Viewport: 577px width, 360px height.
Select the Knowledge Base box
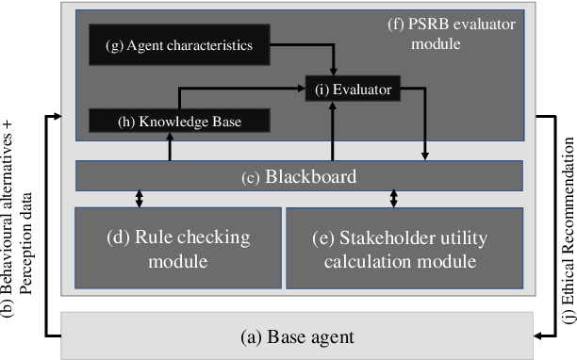click(179, 121)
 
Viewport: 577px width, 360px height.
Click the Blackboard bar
click(299, 175)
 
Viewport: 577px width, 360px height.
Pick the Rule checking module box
click(178, 248)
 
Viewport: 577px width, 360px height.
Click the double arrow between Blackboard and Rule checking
click(140, 199)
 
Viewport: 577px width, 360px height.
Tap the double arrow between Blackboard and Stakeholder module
click(394, 199)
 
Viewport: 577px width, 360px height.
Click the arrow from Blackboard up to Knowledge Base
click(170, 146)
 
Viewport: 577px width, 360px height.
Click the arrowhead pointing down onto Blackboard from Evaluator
click(426, 155)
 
